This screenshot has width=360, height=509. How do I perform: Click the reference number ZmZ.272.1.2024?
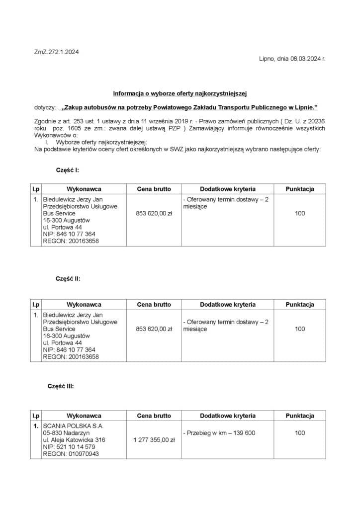tap(57, 52)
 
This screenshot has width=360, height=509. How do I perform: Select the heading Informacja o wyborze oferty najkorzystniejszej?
tap(180, 93)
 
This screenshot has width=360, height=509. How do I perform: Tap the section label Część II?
tap(68, 279)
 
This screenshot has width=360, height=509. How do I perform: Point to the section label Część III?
tap(61, 386)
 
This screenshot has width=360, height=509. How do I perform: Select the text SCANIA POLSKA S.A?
tap(73, 426)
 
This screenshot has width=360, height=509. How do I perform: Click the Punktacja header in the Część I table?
tap(299, 189)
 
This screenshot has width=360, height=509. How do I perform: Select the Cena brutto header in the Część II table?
tap(154, 304)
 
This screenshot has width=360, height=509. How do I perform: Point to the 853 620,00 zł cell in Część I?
tap(154, 213)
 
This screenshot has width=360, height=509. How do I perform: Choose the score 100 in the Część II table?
tap(299, 329)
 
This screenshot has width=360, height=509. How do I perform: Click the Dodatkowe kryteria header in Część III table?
tap(227, 416)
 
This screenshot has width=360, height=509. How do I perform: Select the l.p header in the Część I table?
tap(36, 189)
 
